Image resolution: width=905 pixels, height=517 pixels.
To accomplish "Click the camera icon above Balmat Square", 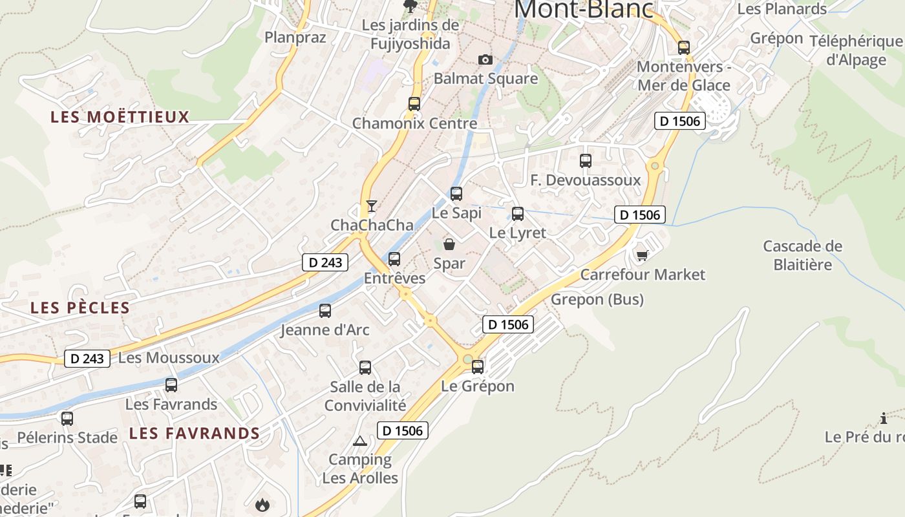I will (485, 60).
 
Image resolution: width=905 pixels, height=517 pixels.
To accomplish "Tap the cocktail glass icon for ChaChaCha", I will (371, 206).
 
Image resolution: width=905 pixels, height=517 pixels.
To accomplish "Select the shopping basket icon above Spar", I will (449, 244).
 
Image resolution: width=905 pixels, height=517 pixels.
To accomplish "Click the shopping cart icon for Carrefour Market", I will (642, 256).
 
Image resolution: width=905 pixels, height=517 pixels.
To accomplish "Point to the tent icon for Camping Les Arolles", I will (360, 441).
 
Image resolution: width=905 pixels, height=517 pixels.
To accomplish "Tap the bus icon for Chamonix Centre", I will (414, 103).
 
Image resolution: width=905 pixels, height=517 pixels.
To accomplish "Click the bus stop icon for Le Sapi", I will (456, 193).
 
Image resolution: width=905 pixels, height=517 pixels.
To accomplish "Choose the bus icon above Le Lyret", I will (517, 213).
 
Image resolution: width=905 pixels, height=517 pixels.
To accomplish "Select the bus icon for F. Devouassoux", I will (586, 161).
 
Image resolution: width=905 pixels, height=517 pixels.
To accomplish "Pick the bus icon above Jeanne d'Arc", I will (325, 311).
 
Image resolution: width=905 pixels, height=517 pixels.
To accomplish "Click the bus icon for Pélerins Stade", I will (67, 419).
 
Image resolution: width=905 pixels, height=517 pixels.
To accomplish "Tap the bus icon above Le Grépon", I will (478, 367).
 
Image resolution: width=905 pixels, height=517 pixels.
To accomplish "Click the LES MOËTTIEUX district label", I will (120, 117).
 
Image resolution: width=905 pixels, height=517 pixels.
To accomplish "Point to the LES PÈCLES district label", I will (80, 308).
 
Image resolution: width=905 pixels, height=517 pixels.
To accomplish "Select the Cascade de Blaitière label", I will (802, 255).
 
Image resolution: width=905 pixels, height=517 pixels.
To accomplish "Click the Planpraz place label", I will (295, 37).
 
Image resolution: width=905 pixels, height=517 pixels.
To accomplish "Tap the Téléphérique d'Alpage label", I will (856, 50).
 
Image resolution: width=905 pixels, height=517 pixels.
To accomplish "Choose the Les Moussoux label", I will (169, 357).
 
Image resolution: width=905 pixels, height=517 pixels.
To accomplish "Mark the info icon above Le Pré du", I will (884, 418).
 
